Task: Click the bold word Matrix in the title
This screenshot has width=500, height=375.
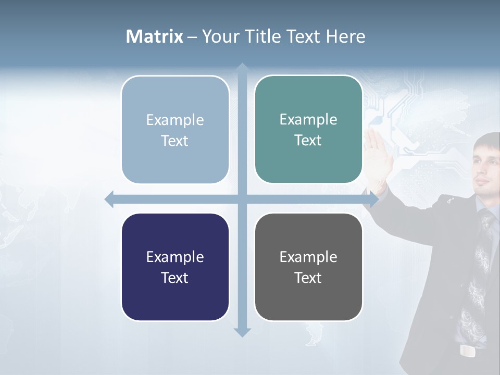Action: click(155, 36)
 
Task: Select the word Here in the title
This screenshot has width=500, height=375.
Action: click(345, 36)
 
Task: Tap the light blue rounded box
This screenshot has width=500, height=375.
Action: click(175, 130)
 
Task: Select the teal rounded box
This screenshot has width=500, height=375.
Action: click(308, 130)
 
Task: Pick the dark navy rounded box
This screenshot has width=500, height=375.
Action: click(175, 267)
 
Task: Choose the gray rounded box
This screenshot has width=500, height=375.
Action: click(308, 267)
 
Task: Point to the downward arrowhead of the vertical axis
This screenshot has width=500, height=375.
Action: click(242, 332)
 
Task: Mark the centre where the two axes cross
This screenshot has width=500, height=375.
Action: click(242, 199)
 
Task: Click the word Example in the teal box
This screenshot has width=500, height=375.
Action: click(308, 119)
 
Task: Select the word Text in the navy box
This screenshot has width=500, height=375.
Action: click(174, 278)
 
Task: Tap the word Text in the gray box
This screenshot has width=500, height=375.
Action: click(308, 278)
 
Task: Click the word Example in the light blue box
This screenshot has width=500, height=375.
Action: click(175, 120)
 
